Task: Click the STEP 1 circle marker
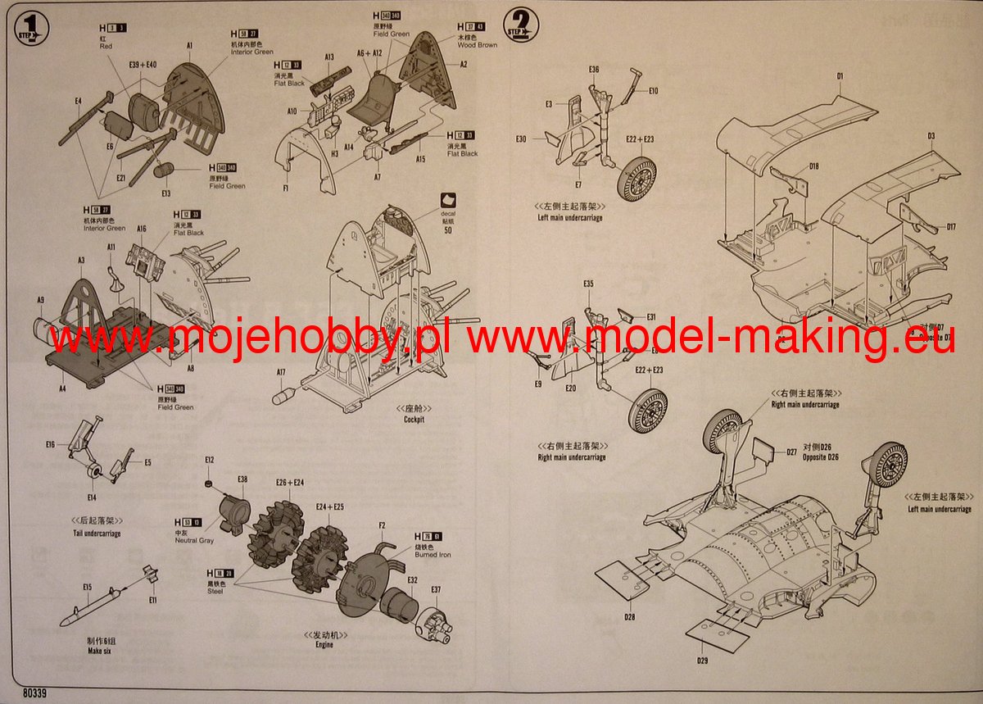(x=33, y=30)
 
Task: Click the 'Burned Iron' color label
(x=433, y=555)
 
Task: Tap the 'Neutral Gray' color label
(x=194, y=541)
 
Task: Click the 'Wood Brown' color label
(x=477, y=45)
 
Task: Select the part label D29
(x=703, y=661)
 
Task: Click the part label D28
(x=629, y=616)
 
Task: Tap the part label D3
(x=931, y=135)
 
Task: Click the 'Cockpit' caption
(x=414, y=420)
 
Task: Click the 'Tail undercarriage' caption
(x=97, y=534)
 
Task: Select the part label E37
(x=436, y=588)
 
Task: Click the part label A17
(x=281, y=372)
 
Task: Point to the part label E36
(x=594, y=69)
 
